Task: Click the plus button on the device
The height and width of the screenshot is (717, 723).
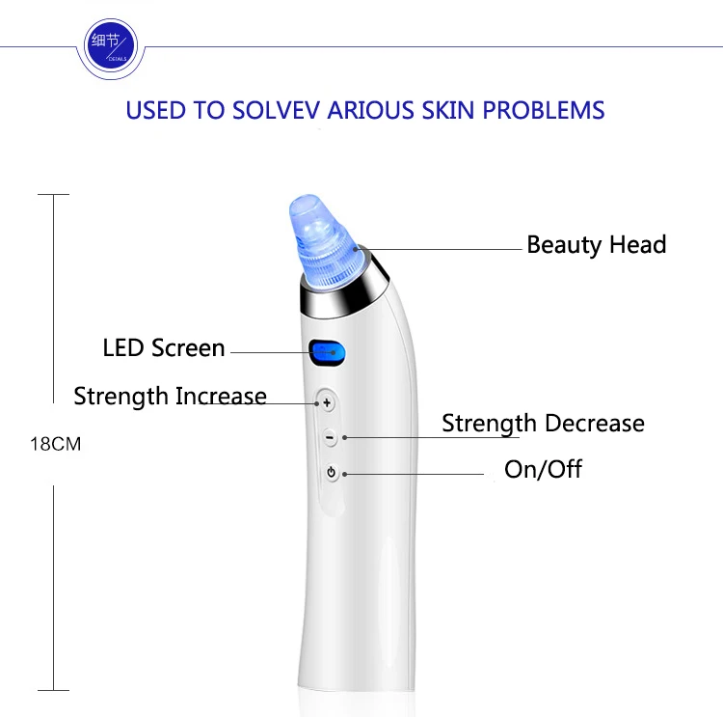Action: (327, 403)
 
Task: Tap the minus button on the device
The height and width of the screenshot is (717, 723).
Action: (330, 437)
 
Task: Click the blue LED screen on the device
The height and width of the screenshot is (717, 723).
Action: (328, 353)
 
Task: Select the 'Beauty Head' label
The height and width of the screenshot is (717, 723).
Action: (596, 245)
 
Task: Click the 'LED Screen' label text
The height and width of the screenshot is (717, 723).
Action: (164, 347)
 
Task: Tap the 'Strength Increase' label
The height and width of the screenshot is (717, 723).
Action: (170, 396)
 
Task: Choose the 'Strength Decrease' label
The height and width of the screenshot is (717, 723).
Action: (543, 424)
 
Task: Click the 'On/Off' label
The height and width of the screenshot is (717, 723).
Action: (543, 469)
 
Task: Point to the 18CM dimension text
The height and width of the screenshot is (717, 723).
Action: (55, 444)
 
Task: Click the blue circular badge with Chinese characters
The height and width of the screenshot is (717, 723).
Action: (110, 46)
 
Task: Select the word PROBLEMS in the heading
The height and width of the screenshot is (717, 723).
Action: (543, 110)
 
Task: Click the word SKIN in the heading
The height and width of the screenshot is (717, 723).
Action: (447, 110)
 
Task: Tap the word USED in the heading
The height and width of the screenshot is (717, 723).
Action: (156, 110)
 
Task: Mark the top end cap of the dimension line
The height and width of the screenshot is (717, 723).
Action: (53, 194)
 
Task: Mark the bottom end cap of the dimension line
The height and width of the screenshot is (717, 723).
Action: (53, 690)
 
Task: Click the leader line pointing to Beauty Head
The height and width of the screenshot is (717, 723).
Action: (438, 249)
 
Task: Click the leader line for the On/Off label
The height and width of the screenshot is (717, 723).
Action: (414, 474)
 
